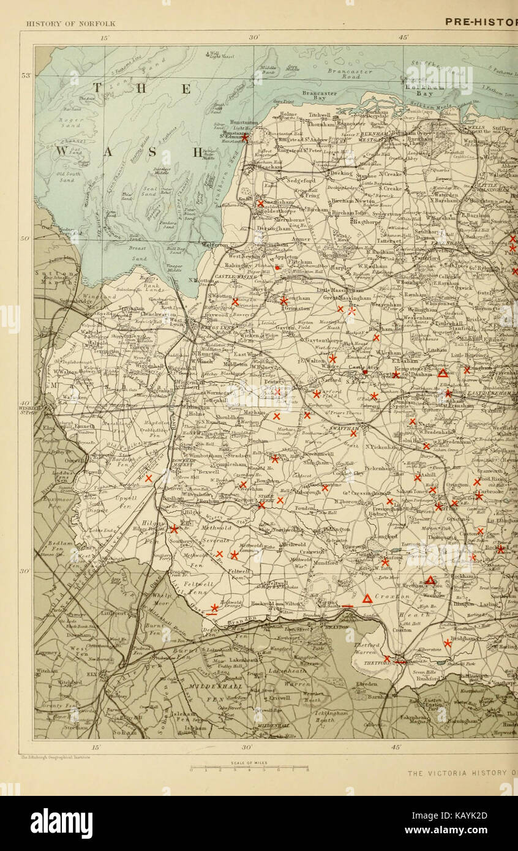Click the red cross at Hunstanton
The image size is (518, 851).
pyautogui.click(x=244, y=138)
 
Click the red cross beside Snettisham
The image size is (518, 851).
pyautogui.click(x=260, y=203)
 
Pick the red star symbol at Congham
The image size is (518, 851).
pyautogui.click(x=283, y=301)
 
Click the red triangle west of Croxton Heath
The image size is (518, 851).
pyautogui.click(x=367, y=599)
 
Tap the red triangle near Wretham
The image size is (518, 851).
pyautogui.click(x=430, y=580)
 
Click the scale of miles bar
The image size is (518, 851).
pyautogui.click(x=249, y=768)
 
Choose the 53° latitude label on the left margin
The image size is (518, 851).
pyautogui.click(x=27, y=75)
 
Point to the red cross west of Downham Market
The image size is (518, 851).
pyautogui.click(x=148, y=478)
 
